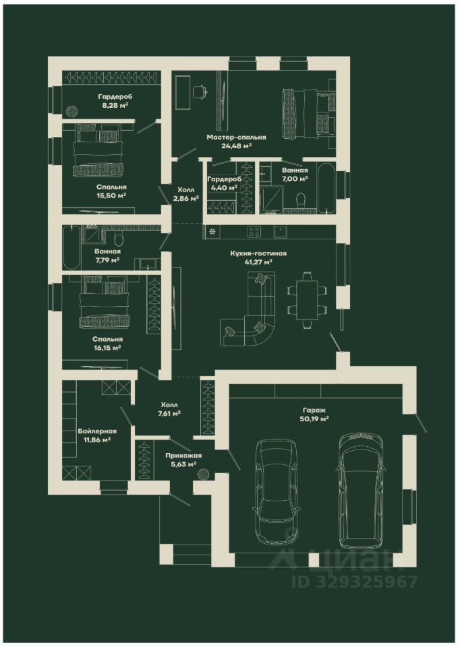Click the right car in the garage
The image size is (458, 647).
coord(362,490)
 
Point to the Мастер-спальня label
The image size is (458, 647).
coord(236,137)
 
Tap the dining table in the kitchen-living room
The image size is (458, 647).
coord(307,297)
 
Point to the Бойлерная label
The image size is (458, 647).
coord(97,431)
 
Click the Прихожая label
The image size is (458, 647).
coord(183,456)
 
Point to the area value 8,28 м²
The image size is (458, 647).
coord(115,105)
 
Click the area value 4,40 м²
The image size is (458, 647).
coord(223,188)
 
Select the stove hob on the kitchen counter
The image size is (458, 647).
coord(254,232)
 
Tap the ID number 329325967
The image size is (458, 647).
coord(355,582)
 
